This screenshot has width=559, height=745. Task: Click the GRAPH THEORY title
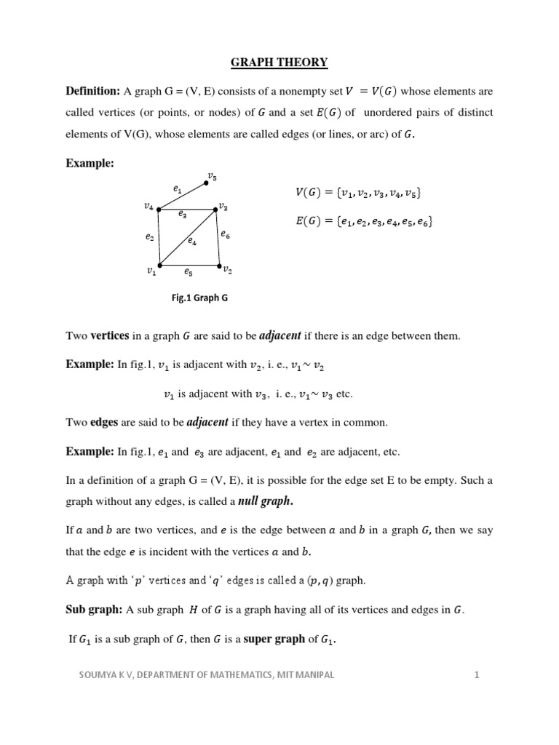coord(279,63)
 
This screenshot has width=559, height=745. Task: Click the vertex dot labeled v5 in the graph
coord(205,183)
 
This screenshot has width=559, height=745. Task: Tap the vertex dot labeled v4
coord(159,209)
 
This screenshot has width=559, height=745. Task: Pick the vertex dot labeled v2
coord(219,266)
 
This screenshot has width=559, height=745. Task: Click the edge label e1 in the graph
coord(177,189)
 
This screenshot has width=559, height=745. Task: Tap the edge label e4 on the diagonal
coord(191,241)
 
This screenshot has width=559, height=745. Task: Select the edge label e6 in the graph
coord(226,234)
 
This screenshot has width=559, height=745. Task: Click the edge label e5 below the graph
coord(188,272)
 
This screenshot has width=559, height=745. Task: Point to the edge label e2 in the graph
coord(149,237)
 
